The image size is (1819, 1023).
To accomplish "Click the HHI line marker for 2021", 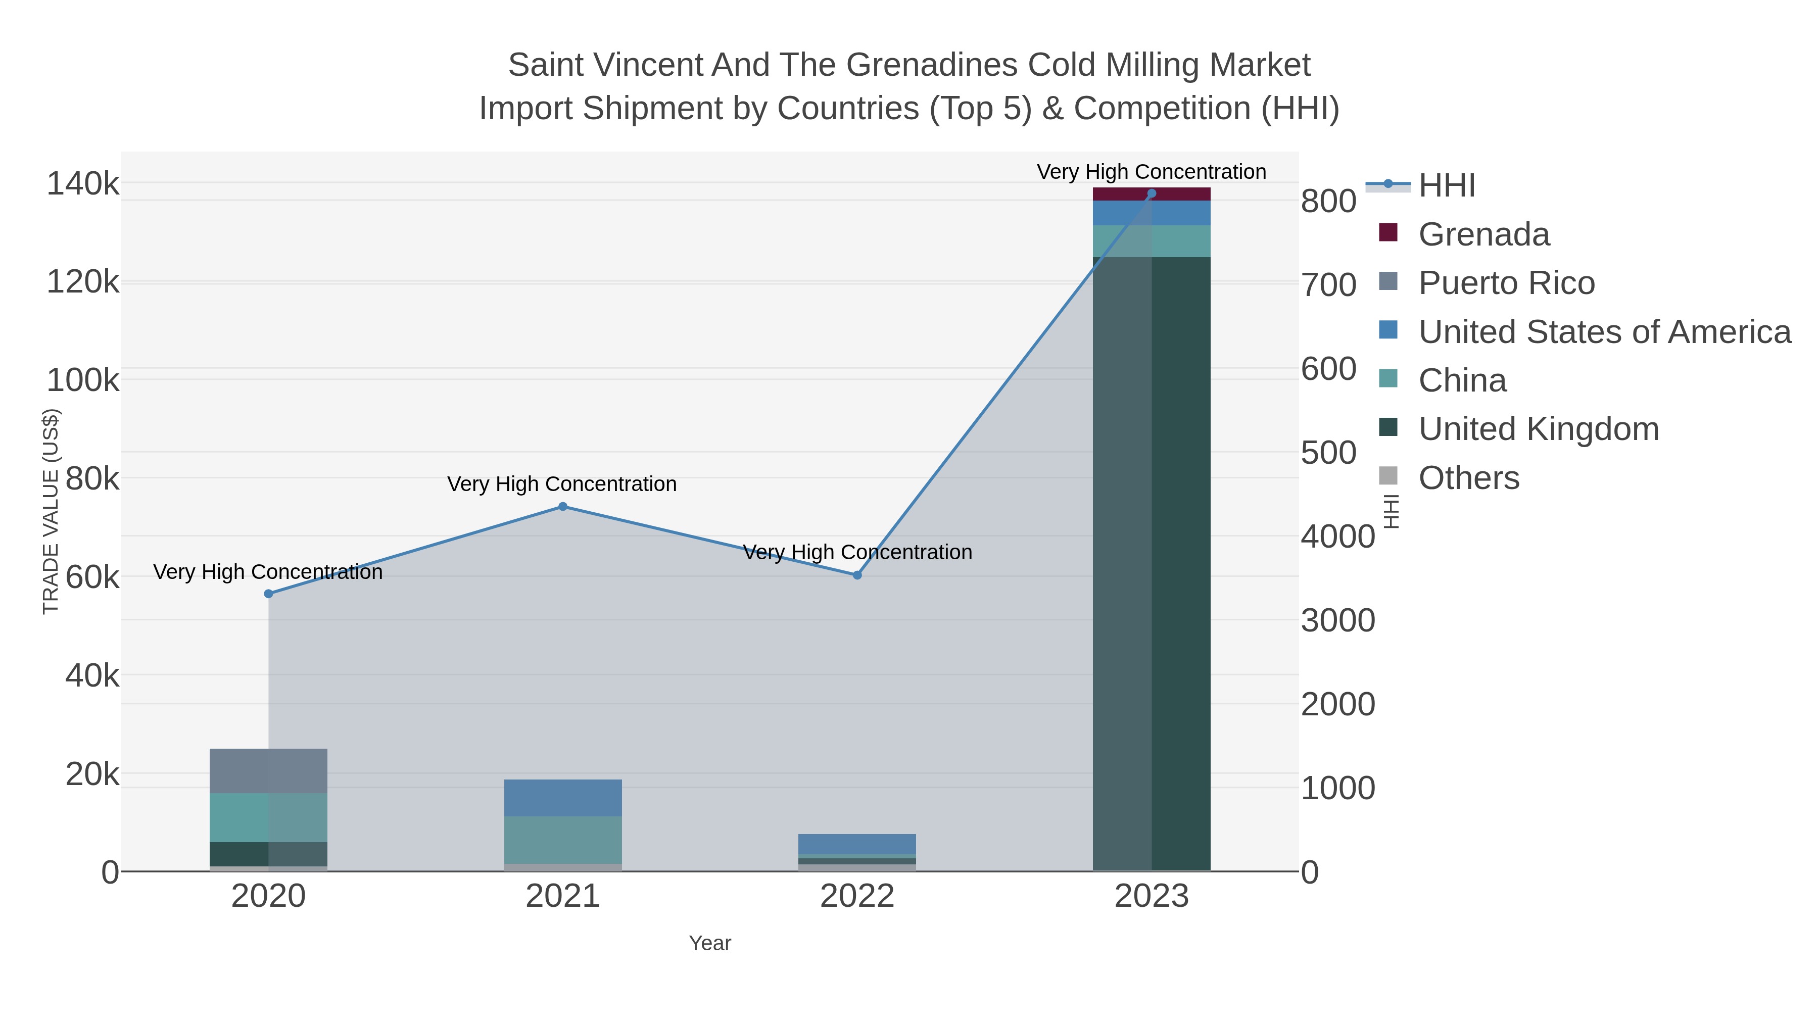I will tap(563, 506).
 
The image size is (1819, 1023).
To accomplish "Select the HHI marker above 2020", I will tap(268, 594).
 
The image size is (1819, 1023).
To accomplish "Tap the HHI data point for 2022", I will tap(857, 575).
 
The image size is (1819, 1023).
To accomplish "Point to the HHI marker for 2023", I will tap(1152, 193).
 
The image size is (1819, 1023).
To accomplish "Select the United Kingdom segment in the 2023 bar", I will tap(1152, 565).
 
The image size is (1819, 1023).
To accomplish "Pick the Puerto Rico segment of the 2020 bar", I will tap(268, 770).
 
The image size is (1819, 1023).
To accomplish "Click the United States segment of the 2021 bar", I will tap(563, 798).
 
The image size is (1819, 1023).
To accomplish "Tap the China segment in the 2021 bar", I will tap(563, 840).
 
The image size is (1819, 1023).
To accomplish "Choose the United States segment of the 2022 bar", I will tap(857, 844).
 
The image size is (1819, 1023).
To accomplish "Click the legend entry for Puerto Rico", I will tap(1506, 283).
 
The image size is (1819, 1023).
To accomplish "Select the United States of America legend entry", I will tap(1603, 332).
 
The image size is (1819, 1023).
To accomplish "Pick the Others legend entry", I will tap(1467, 478).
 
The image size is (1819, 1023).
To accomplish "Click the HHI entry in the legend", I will tap(1446, 186).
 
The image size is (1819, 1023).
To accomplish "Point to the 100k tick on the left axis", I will tap(83, 380).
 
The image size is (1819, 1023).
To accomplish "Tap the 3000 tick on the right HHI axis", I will tap(1338, 620).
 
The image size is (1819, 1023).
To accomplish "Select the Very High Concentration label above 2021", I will tap(562, 484).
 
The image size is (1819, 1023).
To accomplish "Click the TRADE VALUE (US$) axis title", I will tap(51, 511).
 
